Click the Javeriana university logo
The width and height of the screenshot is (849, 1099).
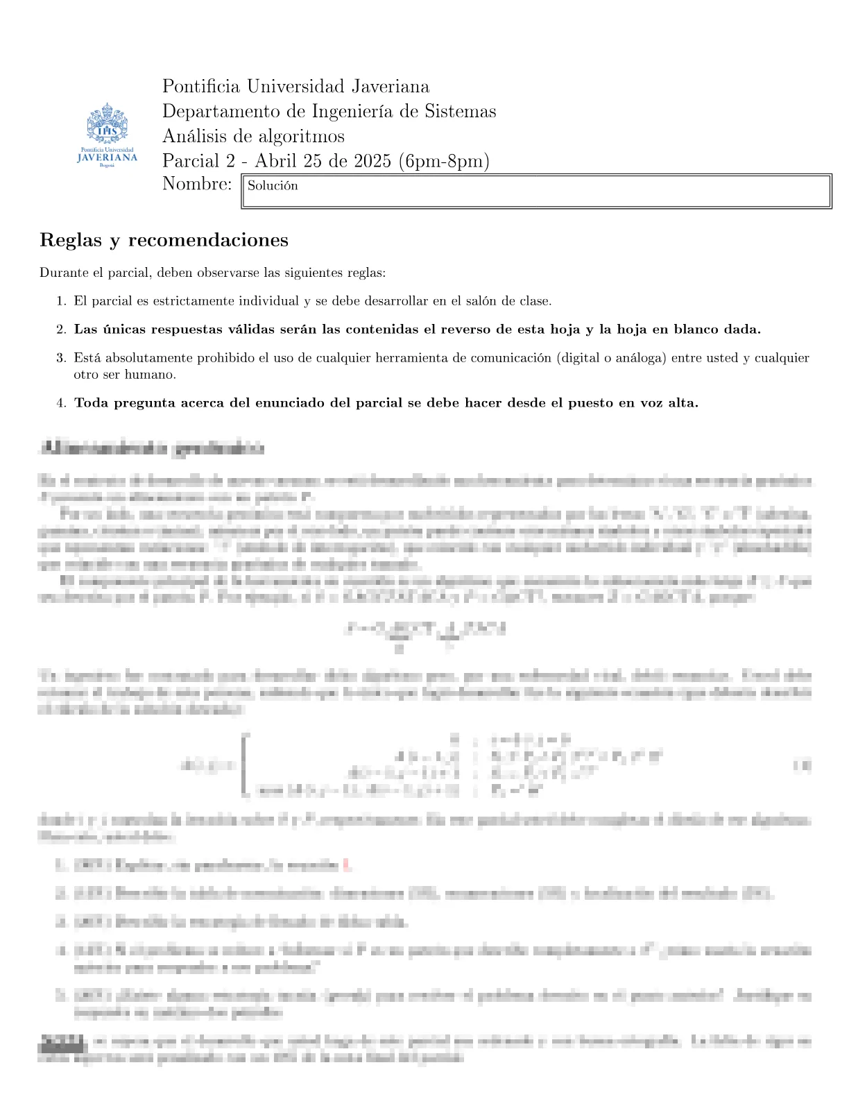pos(107,135)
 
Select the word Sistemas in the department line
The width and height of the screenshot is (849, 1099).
pos(460,111)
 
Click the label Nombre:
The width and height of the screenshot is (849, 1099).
pos(197,184)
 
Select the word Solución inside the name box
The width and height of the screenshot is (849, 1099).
pos(273,186)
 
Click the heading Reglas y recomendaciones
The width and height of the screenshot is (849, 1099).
pos(164,240)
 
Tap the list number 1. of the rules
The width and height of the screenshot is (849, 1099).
pos(61,301)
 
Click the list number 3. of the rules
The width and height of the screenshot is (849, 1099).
pos(61,358)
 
